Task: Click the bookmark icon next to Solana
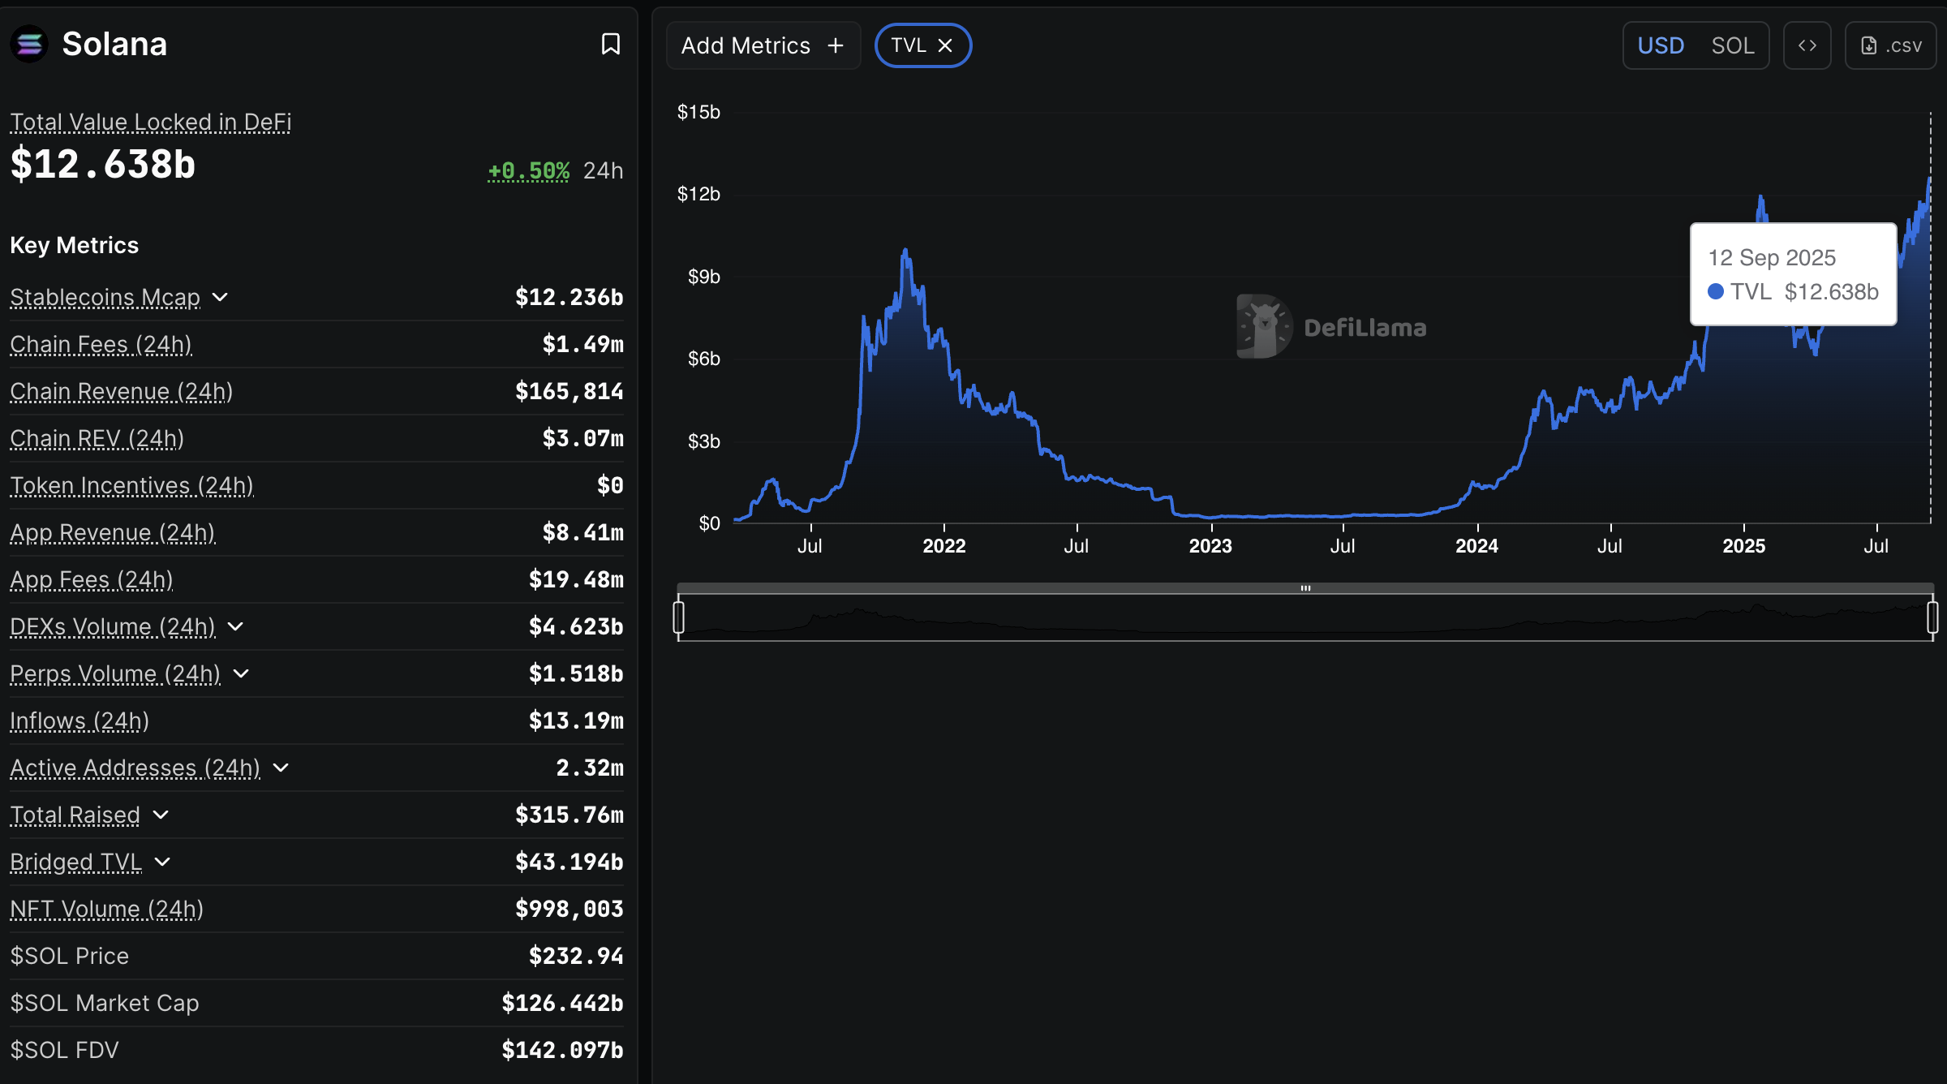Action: (610, 44)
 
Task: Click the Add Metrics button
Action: (763, 45)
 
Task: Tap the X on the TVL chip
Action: (945, 45)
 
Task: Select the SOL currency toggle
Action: (1732, 45)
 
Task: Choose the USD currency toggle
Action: (1661, 45)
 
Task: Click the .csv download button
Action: (1890, 45)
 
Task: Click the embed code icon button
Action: (1807, 45)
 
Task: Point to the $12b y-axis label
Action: (698, 194)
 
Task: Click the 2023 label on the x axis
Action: (1210, 546)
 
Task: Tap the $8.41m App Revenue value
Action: (582, 532)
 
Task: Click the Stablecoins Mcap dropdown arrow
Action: (220, 297)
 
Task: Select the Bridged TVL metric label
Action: (76, 862)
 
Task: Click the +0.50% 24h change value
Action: (528, 170)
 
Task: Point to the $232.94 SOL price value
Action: (576, 956)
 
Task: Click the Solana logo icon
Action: (29, 44)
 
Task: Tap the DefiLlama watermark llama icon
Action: (1262, 326)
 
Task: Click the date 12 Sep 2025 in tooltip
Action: (1772, 257)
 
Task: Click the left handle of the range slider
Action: (679, 617)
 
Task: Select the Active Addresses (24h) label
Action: (135, 768)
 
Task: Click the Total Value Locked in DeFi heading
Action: (151, 122)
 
